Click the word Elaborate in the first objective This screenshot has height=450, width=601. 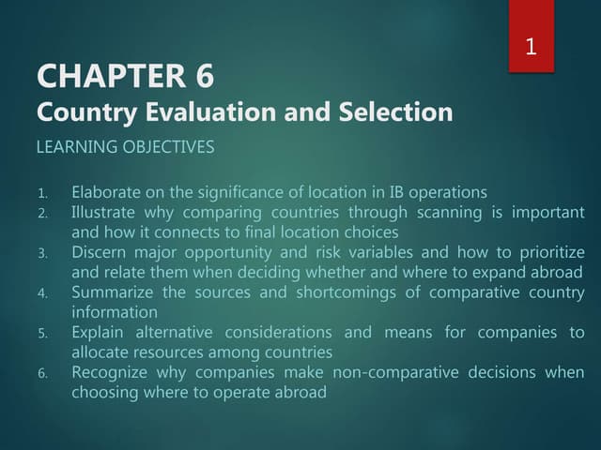pos(106,192)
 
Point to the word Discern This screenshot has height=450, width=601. pos(100,252)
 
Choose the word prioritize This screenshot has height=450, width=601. pos(547,252)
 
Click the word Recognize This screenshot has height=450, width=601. pos(110,372)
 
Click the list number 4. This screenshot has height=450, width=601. pos(42,293)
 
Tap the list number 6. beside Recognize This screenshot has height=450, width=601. pos(42,373)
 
